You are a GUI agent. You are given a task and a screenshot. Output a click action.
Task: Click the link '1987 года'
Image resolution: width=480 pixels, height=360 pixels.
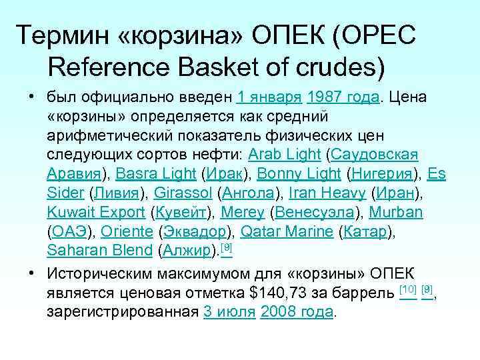[x=343, y=97]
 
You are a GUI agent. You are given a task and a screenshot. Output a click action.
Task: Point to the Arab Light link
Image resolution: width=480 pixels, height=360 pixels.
[x=285, y=155]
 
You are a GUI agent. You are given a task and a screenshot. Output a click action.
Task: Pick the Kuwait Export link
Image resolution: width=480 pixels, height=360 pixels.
[x=96, y=213]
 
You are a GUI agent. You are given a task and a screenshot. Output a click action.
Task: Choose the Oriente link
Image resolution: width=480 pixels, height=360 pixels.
[x=127, y=233]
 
